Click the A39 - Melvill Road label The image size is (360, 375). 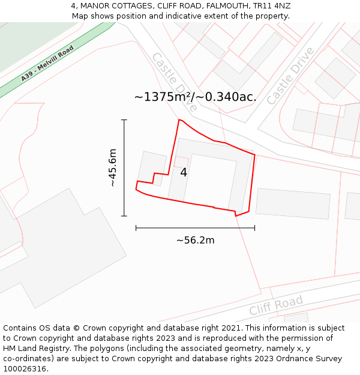[x=47, y=63]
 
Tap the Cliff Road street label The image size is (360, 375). [x=276, y=305]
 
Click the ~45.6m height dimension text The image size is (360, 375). [x=112, y=168]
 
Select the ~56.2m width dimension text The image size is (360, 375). [x=195, y=241]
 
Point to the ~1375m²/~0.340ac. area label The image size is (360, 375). [x=195, y=97]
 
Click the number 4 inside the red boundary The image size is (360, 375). [x=184, y=172]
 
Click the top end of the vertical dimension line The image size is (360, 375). [x=124, y=120]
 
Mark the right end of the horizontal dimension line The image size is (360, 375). [x=254, y=228]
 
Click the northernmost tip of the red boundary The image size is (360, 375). [x=179, y=120]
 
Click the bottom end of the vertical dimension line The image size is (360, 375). [x=124, y=216]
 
